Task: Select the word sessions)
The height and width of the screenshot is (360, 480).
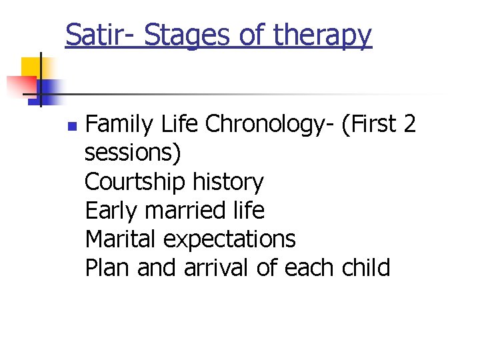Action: tap(133, 153)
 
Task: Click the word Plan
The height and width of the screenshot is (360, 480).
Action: tap(107, 267)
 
